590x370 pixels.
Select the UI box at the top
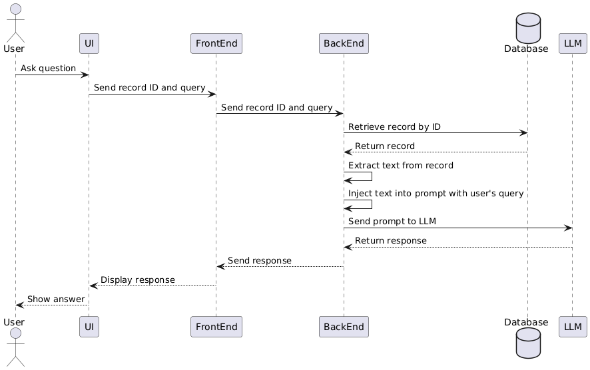(x=89, y=43)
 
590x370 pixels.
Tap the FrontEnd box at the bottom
(x=216, y=327)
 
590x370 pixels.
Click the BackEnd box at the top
(x=344, y=43)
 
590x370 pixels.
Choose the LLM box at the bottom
(x=571, y=327)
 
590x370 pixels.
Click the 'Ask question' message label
(x=48, y=69)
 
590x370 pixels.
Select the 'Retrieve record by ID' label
(x=394, y=126)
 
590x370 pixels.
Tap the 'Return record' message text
(x=384, y=146)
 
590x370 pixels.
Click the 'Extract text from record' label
(x=400, y=165)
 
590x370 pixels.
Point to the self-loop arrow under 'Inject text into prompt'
(x=360, y=204)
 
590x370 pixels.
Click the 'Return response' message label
(x=390, y=240)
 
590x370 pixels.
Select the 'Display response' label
(x=138, y=279)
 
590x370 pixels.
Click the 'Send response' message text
(x=260, y=260)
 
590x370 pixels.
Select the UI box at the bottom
(x=89, y=327)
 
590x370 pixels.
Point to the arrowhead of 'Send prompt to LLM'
(x=568, y=228)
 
